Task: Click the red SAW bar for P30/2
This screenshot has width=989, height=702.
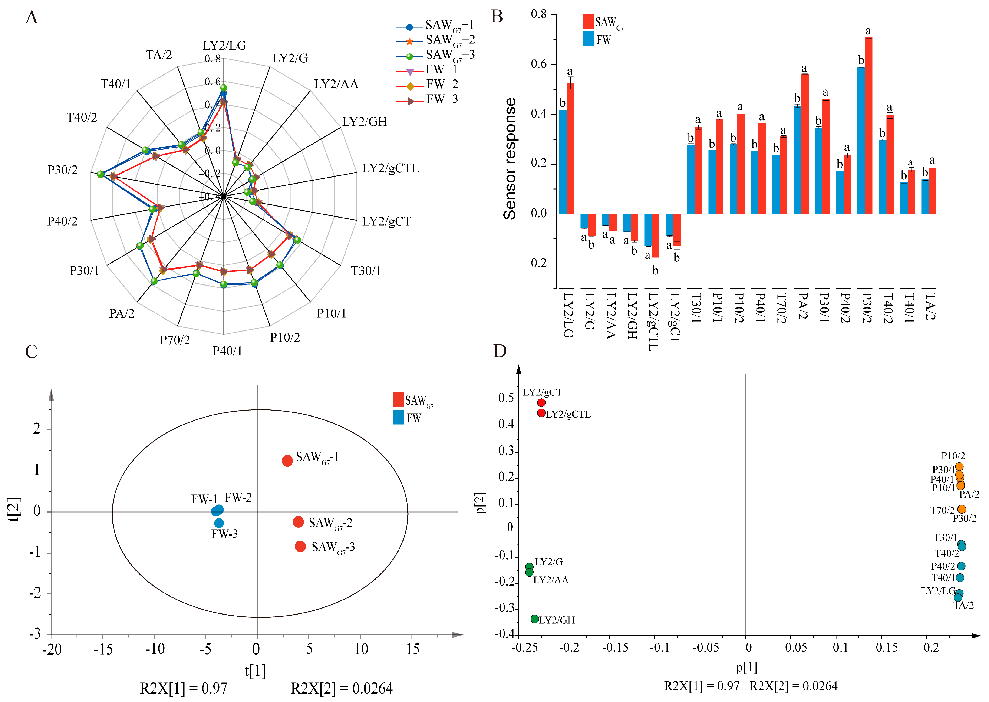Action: [x=868, y=125]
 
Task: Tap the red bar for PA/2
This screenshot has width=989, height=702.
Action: [x=804, y=144]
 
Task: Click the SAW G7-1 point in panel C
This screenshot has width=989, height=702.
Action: [x=287, y=461]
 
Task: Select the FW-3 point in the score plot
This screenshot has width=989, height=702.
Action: [x=219, y=523]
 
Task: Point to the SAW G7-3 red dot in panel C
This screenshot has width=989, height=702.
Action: [x=300, y=546]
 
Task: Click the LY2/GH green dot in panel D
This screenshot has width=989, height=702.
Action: [x=535, y=619]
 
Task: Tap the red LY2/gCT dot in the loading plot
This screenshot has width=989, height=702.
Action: [x=541, y=402]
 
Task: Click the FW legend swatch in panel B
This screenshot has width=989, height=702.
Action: [x=588, y=39]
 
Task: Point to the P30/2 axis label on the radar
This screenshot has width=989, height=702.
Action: [x=63, y=170]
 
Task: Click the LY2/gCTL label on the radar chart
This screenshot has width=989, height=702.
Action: [x=390, y=168]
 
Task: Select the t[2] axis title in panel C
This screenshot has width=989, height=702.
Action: [x=14, y=510]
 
